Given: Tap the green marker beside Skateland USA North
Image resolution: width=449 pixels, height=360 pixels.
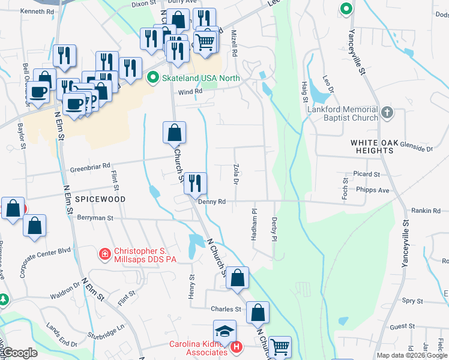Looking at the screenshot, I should tap(153, 78).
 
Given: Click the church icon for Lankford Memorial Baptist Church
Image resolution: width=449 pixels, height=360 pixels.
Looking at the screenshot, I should tap(387, 112).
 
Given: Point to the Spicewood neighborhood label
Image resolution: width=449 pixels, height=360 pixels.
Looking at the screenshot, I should tap(100, 199).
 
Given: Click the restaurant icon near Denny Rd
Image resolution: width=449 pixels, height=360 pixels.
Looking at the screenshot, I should tap(194, 184).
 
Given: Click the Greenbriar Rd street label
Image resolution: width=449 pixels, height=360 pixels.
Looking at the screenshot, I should tap(90, 166).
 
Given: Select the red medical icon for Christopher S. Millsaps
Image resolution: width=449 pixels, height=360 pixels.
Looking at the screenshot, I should tap(105, 254).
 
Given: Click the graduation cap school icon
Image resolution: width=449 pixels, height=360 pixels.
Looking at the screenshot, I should tap(225, 332).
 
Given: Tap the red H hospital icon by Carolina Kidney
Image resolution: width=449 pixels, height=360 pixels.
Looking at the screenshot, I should tap(237, 347).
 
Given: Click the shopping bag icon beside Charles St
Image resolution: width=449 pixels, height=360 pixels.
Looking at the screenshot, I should tap(258, 313).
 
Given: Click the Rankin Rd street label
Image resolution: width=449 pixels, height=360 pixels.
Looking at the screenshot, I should tap(426, 210).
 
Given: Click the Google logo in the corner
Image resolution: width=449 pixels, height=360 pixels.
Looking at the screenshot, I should tap(19, 353).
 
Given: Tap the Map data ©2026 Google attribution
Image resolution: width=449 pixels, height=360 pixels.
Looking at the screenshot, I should tap(412, 355).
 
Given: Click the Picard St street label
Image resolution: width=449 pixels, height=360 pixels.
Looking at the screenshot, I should tap(367, 175).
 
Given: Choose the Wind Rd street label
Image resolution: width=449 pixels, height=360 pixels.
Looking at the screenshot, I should tap(189, 91).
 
